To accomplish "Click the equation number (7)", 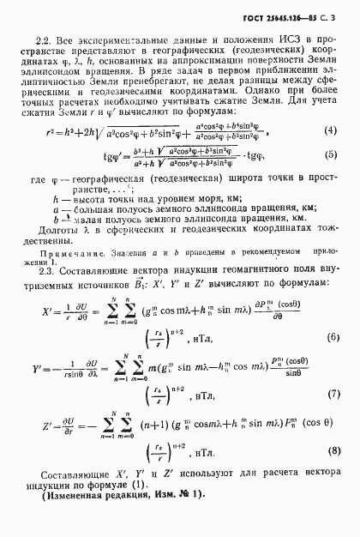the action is pos(328,395).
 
